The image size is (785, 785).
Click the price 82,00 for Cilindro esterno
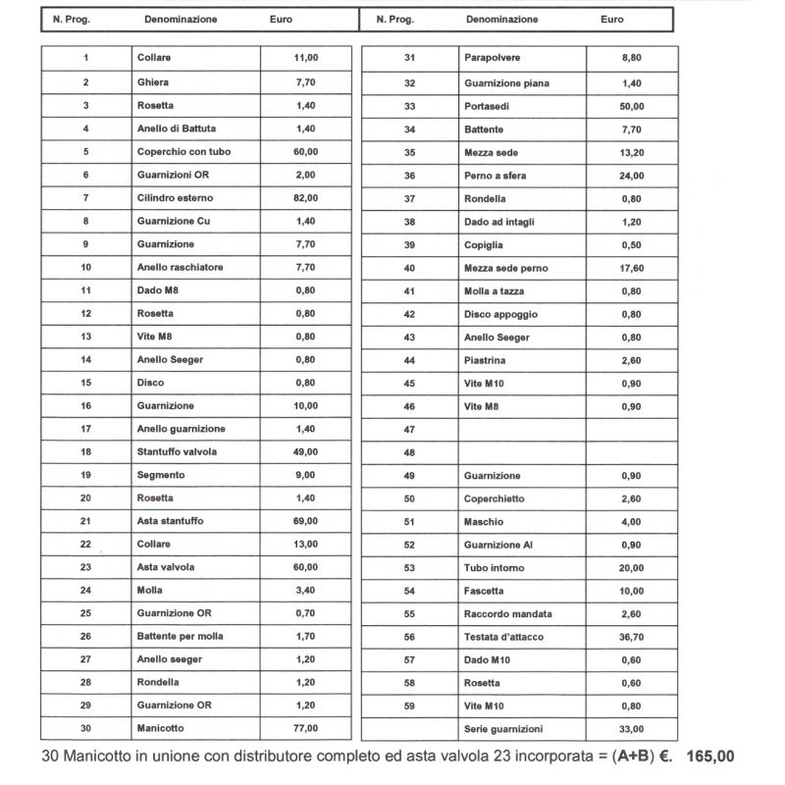click(x=305, y=198)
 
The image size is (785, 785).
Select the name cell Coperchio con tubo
click(x=183, y=152)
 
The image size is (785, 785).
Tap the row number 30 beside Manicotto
click(x=86, y=728)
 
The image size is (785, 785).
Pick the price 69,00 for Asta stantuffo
click(x=305, y=521)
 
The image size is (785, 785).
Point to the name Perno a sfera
click(x=495, y=176)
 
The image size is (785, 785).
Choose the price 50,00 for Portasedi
click(x=632, y=106)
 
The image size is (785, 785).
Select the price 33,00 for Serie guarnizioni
click(x=632, y=729)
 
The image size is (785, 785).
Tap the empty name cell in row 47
click(x=522, y=430)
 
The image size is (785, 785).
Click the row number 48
click(x=409, y=452)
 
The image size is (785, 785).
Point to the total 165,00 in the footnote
click(x=710, y=758)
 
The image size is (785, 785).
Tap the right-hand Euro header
click(x=611, y=20)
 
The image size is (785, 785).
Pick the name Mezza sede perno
click(x=505, y=268)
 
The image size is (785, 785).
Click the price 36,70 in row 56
click(x=632, y=637)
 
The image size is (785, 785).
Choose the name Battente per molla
click(x=181, y=636)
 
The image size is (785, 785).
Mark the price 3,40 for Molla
click(x=305, y=591)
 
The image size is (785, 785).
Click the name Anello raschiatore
click(x=180, y=267)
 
